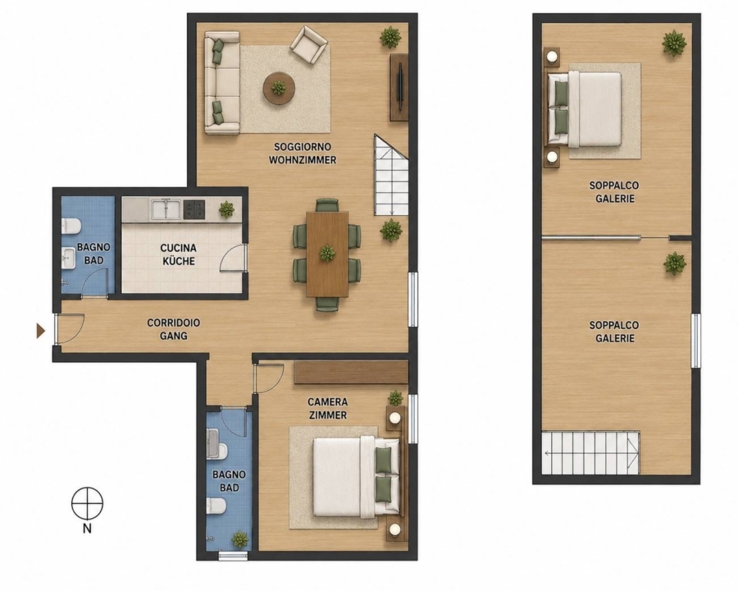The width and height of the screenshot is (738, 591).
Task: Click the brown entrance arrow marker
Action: pos(40,331)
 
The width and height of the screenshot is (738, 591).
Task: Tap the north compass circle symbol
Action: pos(87,503)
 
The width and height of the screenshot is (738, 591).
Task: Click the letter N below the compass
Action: pos(87,529)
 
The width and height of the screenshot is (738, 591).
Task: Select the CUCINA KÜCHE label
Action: pos(179,254)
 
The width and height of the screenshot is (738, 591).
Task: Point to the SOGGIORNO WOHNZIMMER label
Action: pos(303,153)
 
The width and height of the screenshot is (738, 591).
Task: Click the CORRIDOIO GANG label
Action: pos(173,329)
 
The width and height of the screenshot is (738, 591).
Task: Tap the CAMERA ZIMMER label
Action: pos(327,409)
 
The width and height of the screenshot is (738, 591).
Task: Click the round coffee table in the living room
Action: pos(279,88)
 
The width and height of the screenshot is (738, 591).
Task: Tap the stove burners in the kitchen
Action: pos(194,210)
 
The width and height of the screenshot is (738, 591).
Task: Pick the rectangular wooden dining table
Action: pos(327,254)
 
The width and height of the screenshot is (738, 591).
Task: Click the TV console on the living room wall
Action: pos(399,87)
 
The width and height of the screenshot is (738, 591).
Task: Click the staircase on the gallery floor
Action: pos(590,453)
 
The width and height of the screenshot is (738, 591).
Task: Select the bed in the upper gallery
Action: pos(585,109)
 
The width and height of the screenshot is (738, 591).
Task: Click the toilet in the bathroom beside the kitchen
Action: pos(71,226)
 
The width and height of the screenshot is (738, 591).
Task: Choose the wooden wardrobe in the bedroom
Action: pos(351,373)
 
